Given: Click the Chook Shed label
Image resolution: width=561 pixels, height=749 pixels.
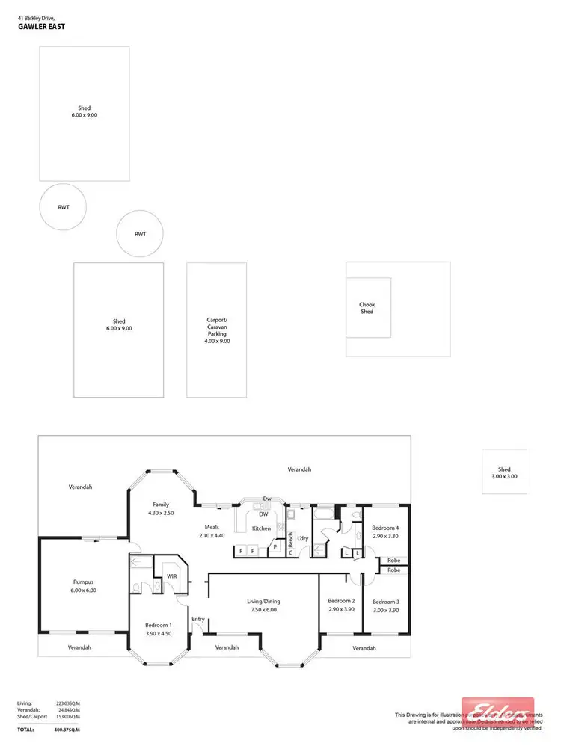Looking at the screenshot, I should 367,308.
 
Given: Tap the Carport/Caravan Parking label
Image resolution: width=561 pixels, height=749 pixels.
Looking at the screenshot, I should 218,330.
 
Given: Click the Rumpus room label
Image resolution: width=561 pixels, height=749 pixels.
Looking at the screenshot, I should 84,586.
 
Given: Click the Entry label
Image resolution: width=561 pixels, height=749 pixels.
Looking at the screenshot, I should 198,619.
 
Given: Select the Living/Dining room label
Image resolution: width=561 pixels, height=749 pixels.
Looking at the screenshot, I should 263,601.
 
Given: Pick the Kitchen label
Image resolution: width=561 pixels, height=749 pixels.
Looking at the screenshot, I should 261,528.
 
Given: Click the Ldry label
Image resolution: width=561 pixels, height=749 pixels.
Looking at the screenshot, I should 303,537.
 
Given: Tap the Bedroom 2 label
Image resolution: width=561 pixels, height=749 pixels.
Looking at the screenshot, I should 342,601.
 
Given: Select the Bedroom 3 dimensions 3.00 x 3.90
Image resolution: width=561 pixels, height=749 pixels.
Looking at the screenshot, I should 386,610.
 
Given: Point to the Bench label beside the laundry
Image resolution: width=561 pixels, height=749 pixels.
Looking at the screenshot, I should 291,540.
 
